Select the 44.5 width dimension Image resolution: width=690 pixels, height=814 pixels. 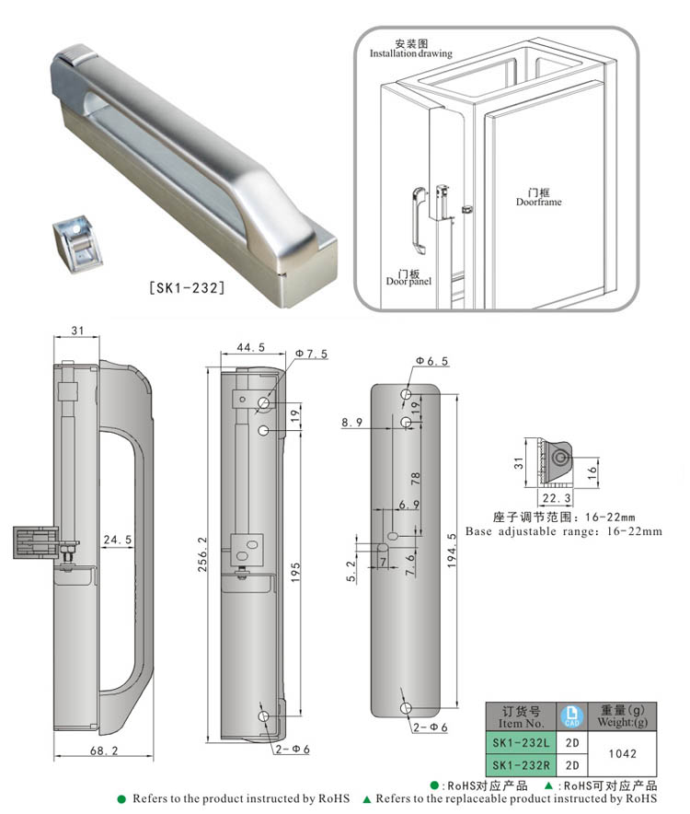click(238, 347)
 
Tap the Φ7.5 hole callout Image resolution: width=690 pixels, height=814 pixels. click(312, 355)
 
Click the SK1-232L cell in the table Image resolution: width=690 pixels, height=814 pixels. click(520, 742)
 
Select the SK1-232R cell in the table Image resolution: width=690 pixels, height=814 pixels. click(520, 764)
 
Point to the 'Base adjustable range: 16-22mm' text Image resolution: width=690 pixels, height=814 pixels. click(563, 531)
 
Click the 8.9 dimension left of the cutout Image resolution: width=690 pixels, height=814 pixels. click(351, 422)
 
